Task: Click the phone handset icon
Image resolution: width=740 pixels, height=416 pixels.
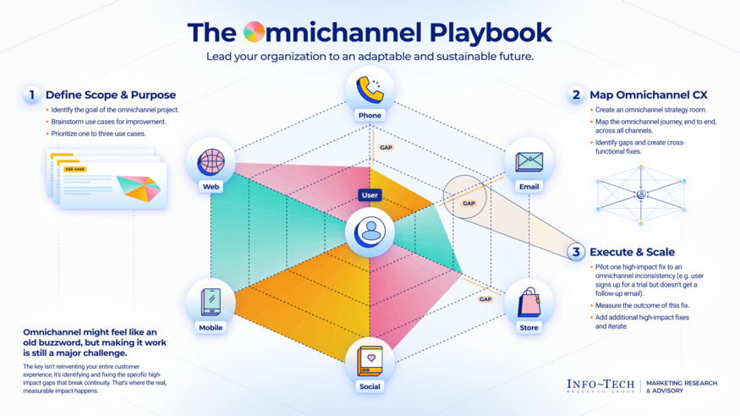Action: pyautogui.click(x=370, y=89)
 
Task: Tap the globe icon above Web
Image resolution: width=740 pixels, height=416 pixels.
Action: pyautogui.click(x=211, y=161)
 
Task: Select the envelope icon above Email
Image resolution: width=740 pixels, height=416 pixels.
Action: pyautogui.click(x=529, y=161)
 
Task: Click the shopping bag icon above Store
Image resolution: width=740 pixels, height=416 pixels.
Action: pyautogui.click(x=529, y=302)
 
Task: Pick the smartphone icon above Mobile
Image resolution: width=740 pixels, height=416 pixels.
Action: pyautogui.click(x=211, y=302)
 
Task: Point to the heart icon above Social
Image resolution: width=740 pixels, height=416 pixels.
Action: pyautogui.click(x=370, y=359)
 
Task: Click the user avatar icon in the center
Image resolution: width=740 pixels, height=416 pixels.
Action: pyautogui.click(x=370, y=232)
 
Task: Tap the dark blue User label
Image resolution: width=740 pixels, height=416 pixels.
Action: pyautogui.click(x=370, y=195)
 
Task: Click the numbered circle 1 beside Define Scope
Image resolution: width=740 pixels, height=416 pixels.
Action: pyautogui.click(x=32, y=95)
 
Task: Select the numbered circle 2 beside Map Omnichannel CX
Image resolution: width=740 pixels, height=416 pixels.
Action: pyautogui.click(x=576, y=95)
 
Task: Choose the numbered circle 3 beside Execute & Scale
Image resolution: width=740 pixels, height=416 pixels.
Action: pyautogui.click(x=576, y=252)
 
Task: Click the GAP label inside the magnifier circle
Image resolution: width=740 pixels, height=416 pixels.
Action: pyautogui.click(x=469, y=203)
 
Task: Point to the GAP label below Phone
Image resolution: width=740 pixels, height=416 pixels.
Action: pyautogui.click(x=386, y=147)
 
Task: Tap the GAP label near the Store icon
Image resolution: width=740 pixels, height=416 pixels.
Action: pyautogui.click(x=485, y=298)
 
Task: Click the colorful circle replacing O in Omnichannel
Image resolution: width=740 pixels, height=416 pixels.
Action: pyautogui.click(x=254, y=33)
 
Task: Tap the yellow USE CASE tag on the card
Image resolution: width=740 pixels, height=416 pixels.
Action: pyautogui.click(x=75, y=169)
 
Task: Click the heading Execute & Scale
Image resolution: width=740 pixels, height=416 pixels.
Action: pyautogui.click(x=631, y=252)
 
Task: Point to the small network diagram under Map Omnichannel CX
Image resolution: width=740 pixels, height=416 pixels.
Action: pyautogui.click(x=640, y=194)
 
